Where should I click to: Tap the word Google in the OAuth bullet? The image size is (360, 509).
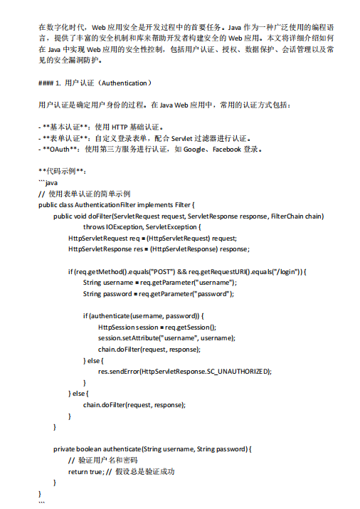(195, 149)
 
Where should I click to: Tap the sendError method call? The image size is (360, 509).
(125, 371)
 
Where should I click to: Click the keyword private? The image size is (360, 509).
(66, 449)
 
